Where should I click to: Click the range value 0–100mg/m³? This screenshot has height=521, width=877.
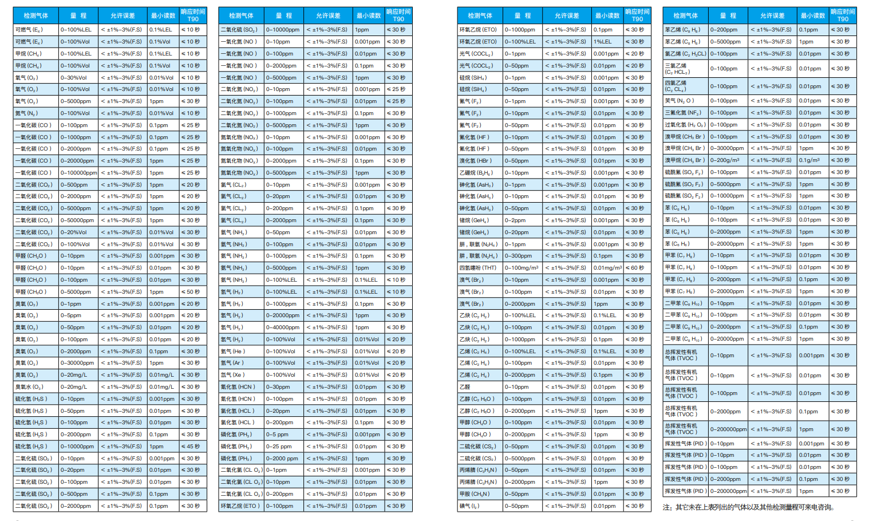click(522, 268)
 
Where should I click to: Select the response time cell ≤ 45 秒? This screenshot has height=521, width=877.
click(191, 447)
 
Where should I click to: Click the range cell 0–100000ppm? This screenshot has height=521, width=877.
click(78, 173)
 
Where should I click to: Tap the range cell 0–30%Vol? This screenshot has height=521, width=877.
click(74, 78)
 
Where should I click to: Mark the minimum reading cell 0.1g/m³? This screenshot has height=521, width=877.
click(809, 160)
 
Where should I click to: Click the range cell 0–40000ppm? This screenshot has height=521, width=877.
click(283, 327)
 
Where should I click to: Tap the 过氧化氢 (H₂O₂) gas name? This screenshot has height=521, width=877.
click(685, 125)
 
